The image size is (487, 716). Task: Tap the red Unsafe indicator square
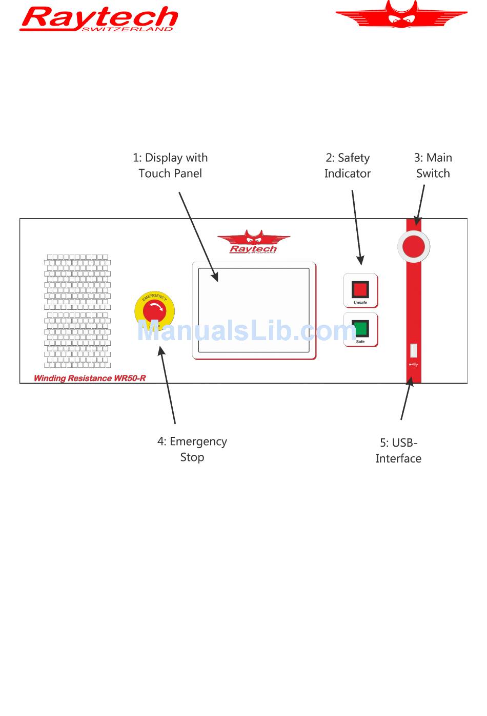tap(360, 289)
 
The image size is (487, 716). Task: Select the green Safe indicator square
tap(360, 328)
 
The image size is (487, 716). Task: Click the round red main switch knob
tap(413, 246)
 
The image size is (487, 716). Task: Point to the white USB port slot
tap(413, 350)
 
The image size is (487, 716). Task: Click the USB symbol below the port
tap(413, 364)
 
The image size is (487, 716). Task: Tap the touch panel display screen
tap(254, 310)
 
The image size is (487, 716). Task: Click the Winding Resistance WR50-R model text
tap(90, 378)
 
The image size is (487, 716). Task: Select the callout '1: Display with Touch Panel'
tap(170, 165)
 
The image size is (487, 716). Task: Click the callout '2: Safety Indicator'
tap(348, 165)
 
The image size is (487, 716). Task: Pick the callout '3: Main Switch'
tap(433, 165)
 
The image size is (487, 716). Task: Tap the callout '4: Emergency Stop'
tap(192, 449)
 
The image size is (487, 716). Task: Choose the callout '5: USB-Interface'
tap(398, 451)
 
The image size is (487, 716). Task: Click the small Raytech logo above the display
tap(253, 242)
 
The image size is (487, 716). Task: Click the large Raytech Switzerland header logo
tap(98, 18)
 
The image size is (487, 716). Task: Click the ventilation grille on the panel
tap(77, 311)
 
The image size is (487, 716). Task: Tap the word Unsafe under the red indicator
tap(360, 302)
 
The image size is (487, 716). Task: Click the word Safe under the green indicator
tap(360, 342)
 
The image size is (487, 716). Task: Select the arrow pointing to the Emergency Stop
tap(167, 385)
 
